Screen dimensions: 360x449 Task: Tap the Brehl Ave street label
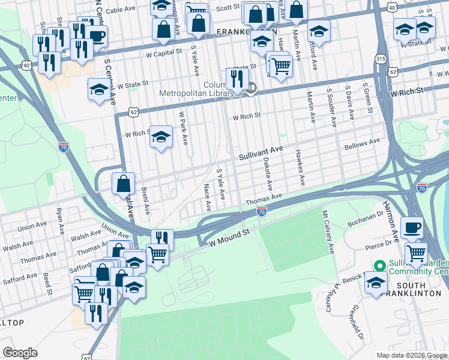(x=145, y=201)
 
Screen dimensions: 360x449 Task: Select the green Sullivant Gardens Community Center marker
(x=379, y=265)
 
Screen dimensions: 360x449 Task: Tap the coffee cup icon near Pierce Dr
(x=412, y=227)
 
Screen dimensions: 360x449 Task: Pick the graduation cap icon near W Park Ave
(x=161, y=136)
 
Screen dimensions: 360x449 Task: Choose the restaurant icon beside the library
(x=237, y=78)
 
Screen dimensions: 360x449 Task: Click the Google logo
(x=20, y=352)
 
